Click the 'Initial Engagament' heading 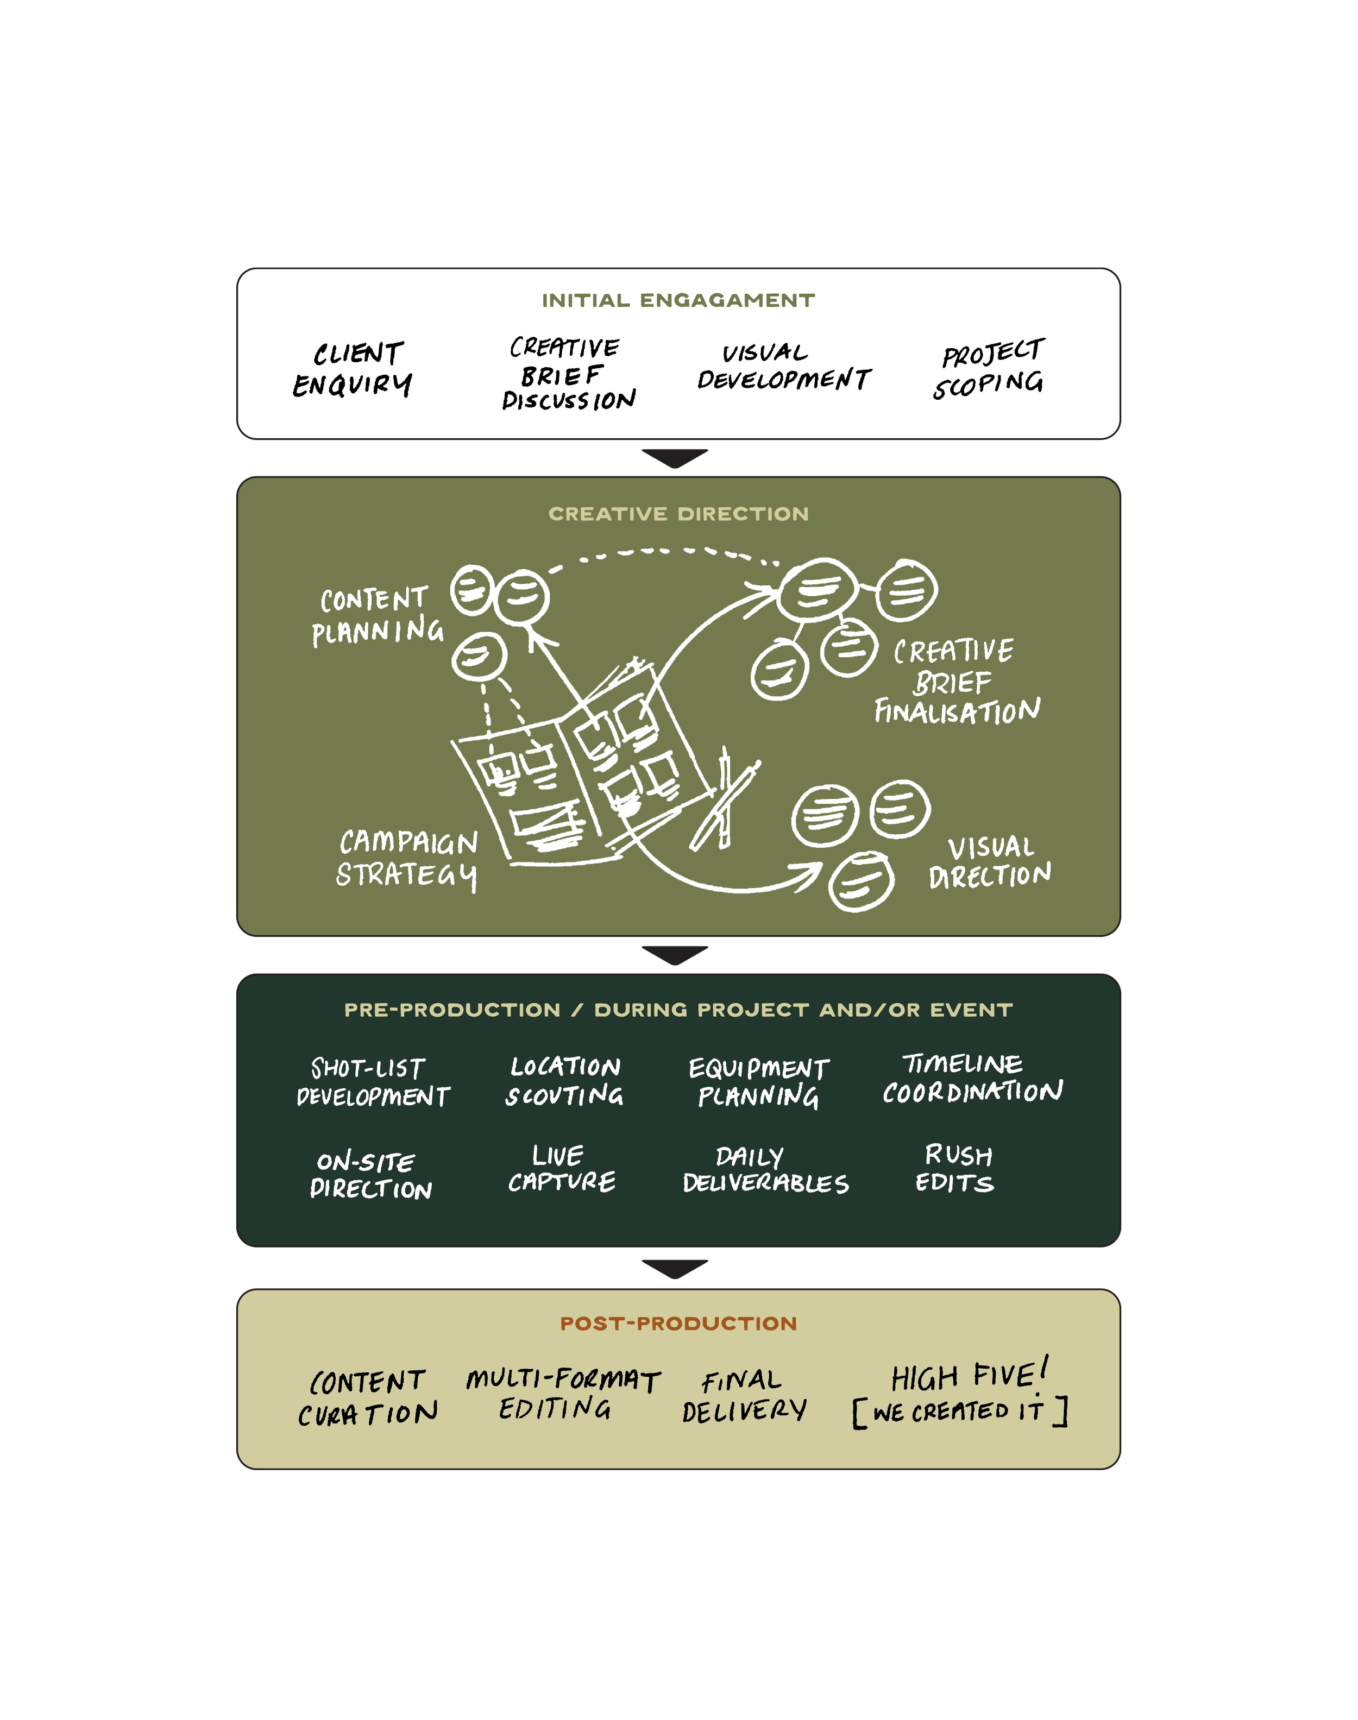[x=678, y=300]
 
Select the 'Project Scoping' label [x=990, y=368]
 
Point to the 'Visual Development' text [x=783, y=367]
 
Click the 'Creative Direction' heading [x=678, y=514]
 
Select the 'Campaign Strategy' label [x=407, y=859]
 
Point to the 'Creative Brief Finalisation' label [x=957, y=681]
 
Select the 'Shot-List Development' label [x=372, y=1082]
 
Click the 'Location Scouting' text [x=564, y=1081]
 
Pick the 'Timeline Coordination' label [x=972, y=1079]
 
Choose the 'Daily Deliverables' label [x=765, y=1170]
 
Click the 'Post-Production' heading [x=678, y=1324]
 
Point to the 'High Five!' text [x=969, y=1376]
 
